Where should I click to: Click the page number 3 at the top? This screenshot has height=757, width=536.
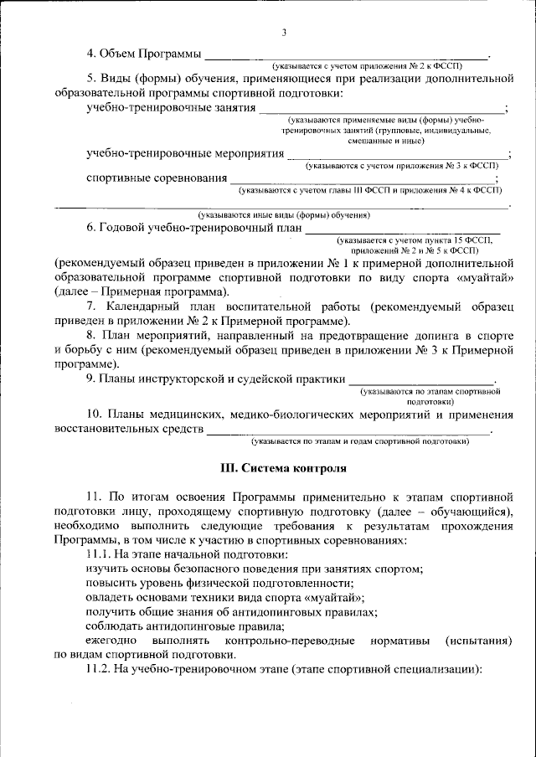(x=284, y=33)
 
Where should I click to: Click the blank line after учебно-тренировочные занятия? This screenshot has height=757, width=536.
(x=381, y=111)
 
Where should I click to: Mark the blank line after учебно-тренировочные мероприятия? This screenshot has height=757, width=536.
(x=397, y=157)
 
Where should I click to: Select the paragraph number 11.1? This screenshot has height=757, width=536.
(x=101, y=554)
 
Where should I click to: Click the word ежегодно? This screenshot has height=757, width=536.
(x=115, y=641)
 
